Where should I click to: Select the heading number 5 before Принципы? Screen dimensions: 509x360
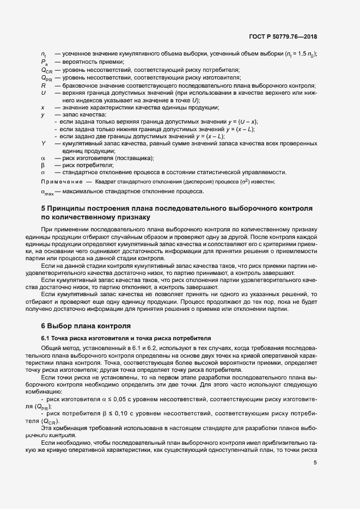[x=44, y=208]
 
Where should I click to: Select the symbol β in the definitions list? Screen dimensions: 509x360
[x=42, y=165]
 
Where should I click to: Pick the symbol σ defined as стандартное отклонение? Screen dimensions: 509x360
[x=42, y=172]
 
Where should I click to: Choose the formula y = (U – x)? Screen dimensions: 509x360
[x=242, y=121]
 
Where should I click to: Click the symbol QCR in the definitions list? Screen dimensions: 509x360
[x=46, y=71]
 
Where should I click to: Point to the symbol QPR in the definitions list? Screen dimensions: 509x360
[x=46, y=78]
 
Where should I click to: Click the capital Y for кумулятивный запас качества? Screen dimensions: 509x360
[x=43, y=143]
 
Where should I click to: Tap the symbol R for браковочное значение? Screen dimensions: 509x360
[x=43, y=85]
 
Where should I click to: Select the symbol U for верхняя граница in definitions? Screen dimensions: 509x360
[x=43, y=93]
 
